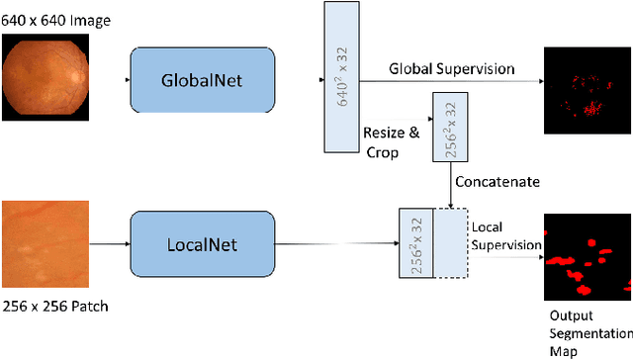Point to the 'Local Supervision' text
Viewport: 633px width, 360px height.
(504, 235)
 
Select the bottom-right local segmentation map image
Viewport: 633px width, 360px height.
(586, 259)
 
